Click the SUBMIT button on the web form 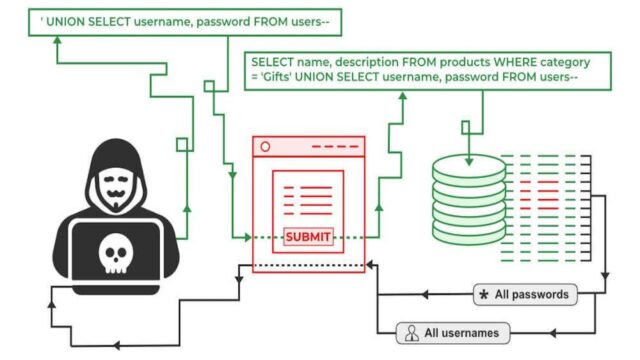pos(307,237)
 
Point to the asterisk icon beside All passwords pos(485,295)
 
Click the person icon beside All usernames pos(411,332)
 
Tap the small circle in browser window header pos(265,146)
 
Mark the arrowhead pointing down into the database pos(466,129)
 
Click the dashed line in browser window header pos(334,146)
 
